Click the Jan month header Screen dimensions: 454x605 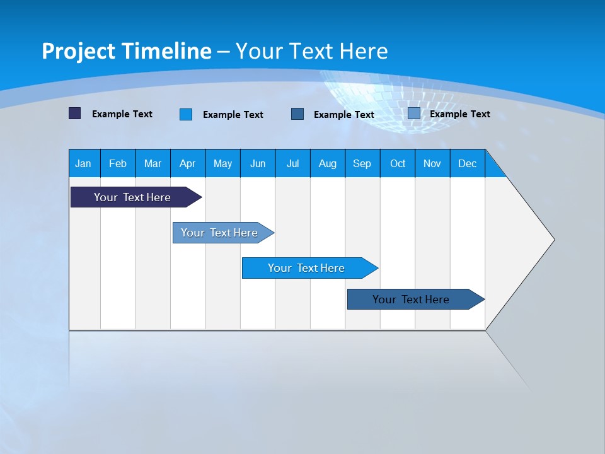84,163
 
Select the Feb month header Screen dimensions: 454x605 118,163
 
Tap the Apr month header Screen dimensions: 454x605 188,163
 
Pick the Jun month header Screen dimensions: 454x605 258,163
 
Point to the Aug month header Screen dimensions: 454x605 328,163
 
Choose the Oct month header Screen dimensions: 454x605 398,163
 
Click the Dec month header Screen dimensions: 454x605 468,163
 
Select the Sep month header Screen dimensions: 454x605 362,163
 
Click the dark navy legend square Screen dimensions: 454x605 75,113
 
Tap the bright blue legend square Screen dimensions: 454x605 186,114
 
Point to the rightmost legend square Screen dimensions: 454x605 414,113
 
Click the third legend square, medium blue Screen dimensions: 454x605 297,113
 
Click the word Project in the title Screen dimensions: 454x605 79,51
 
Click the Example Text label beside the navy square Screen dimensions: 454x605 122,114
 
